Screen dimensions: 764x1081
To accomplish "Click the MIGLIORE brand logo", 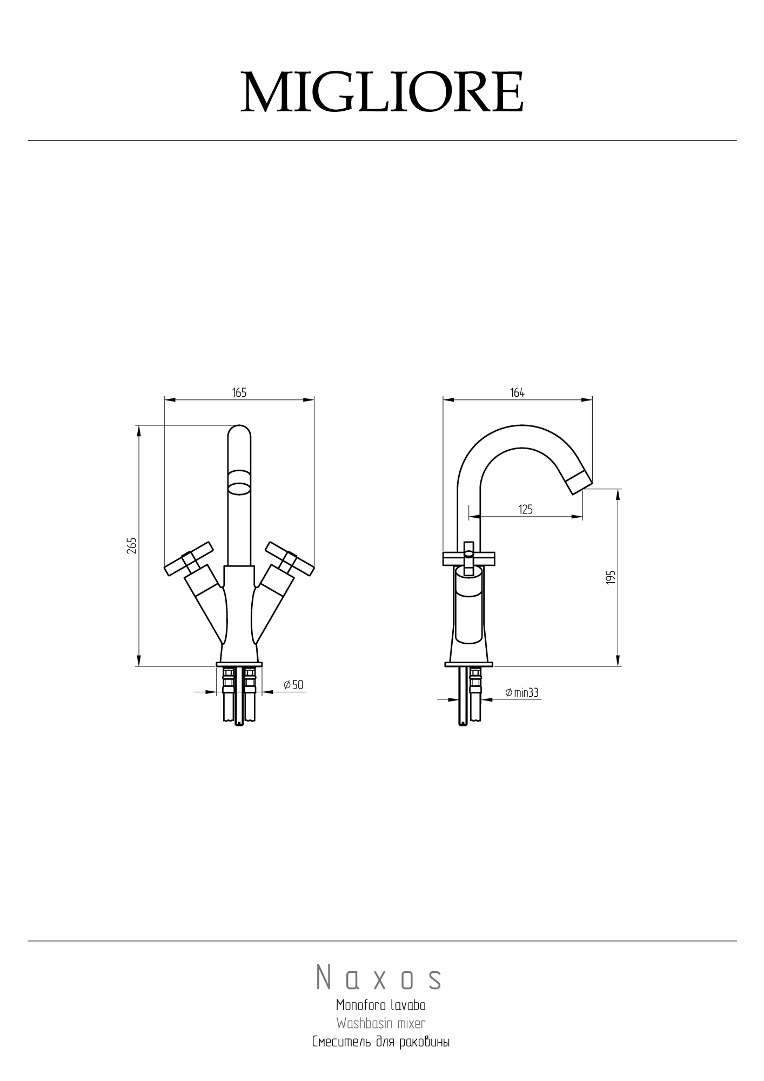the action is click(x=382, y=92).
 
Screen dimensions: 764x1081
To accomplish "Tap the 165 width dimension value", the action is click(x=239, y=393).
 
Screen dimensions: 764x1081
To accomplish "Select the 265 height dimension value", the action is click(x=132, y=545).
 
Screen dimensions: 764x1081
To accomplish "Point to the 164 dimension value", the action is click(x=517, y=393).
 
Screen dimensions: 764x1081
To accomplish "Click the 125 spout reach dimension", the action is click(x=525, y=509).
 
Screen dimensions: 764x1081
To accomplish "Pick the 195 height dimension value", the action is click(x=611, y=577).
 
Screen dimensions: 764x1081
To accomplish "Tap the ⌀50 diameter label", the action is click(x=293, y=685).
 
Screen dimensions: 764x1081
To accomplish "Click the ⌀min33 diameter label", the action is click(x=522, y=692).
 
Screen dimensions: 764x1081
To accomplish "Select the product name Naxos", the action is click(x=379, y=977).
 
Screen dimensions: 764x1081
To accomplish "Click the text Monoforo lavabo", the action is click(x=381, y=1005).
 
